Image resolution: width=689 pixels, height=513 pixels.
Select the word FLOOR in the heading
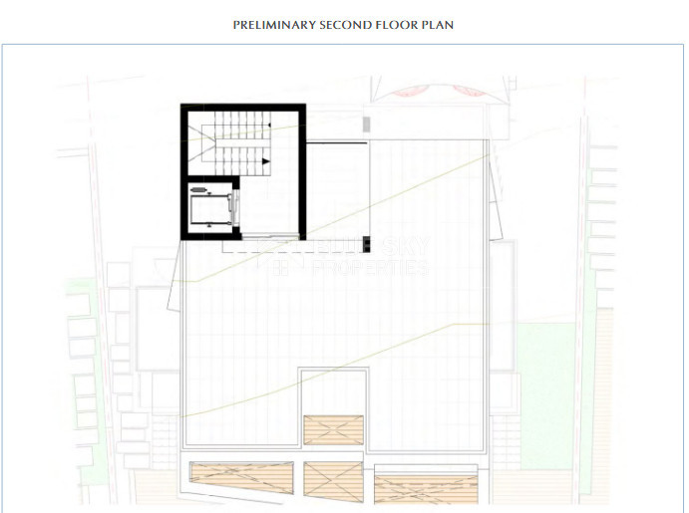(396, 24)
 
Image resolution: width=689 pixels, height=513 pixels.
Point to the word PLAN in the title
(438, 24)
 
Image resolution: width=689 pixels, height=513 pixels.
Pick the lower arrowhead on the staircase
(266, 160)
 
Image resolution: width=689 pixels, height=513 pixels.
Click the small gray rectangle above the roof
(367, 125)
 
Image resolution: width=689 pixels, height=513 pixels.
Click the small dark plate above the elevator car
(200, 187)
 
